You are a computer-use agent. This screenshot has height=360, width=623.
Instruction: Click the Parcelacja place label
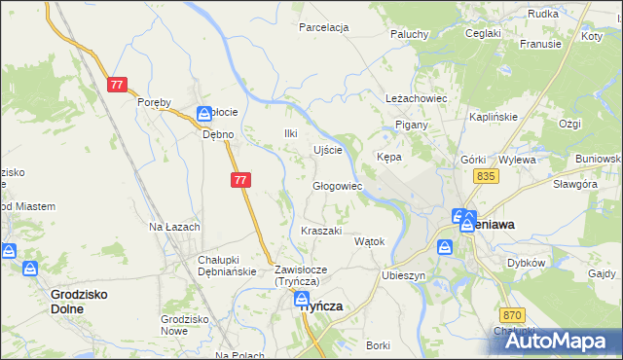[323, 27]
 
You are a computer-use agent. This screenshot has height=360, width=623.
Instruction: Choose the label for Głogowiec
[337, 186]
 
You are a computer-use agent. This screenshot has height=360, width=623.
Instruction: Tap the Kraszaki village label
[321, 231]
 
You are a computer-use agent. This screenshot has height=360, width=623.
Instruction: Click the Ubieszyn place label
[405, 275]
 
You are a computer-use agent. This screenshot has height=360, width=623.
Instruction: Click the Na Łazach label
[173, 227]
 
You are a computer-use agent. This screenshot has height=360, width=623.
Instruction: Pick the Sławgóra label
[574, 184]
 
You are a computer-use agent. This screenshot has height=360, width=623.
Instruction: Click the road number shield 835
[488, 175]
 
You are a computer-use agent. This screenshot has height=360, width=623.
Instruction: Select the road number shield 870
[514, 315]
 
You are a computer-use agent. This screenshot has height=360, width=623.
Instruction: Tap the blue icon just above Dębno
[204, 114]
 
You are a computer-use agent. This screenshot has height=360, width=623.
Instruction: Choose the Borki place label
[378, 345]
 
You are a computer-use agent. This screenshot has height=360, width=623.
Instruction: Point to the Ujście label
[327, 150]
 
